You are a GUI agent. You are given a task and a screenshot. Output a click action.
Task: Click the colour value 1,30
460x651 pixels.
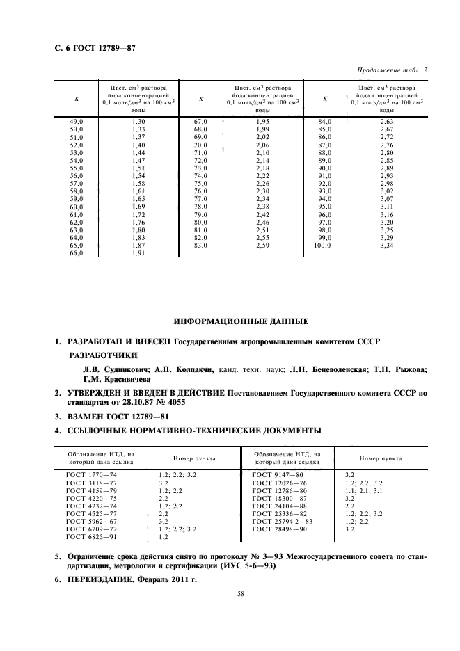point(138,122)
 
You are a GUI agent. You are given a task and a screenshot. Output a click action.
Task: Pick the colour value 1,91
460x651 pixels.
point(138,253)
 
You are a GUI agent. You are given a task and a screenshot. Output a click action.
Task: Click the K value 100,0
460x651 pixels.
point(321,246)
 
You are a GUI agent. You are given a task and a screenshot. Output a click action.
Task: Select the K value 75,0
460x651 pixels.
point(200,184)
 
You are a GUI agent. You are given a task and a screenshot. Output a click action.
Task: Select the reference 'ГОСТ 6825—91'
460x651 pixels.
point(91,537)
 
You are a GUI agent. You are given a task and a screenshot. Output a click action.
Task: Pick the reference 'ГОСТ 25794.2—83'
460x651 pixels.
point(283,521)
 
